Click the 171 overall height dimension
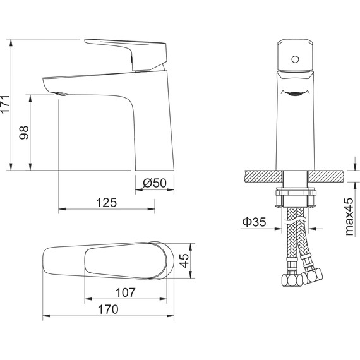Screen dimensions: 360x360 pyautogui.click(x=5, y=104)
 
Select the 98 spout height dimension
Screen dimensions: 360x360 pyautogui.click(x=24, y=133)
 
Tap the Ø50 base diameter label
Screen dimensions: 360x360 pyautogui.click(x=155, y=183)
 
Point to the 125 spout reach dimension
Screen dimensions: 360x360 pyautogui.click(x=107, y=203)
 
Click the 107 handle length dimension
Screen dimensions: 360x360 pyautogui.click(x=125, y=292)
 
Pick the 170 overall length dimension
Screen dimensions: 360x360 pyautogui.click(x=108, y=309)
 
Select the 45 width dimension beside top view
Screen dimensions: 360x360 pyautogui.click(x=184, y=261)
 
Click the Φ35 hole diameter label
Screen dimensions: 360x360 pyautogui.click(x=254, y=222)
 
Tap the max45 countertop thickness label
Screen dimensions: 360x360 pyautogui.click(x=349, y=217)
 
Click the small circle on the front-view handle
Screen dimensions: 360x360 pyautogui.click(x=295, y=59)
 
